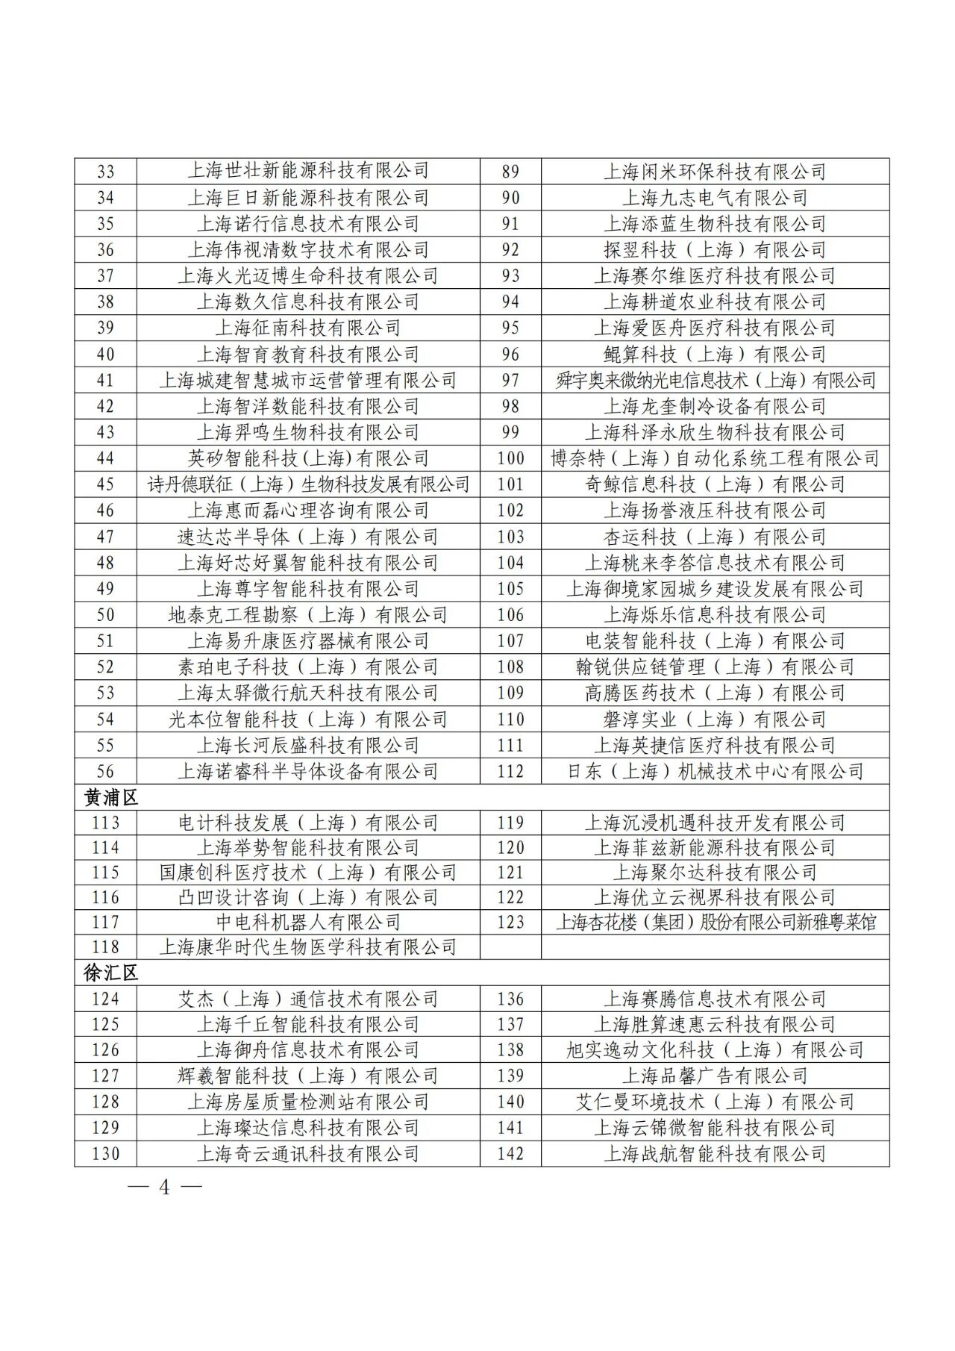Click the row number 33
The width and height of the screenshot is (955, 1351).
point(106,172)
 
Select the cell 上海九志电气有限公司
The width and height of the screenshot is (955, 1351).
point(715,198)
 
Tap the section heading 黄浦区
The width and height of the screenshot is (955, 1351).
point(111,797)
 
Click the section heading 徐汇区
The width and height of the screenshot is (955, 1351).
point(111,973)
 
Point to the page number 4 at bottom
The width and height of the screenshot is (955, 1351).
point(165,1187)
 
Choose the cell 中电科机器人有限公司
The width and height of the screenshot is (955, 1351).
point(308,923)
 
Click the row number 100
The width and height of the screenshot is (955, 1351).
point(510,458)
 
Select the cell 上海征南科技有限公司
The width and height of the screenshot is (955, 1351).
point(308,328)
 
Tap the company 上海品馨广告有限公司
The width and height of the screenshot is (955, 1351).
point(715,1076)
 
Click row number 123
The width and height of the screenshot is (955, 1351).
point(510,923)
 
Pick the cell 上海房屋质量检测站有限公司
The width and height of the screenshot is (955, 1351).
point(308,1102)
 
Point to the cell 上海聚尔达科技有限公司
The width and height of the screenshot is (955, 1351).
point(715,873)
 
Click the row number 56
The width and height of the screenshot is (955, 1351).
point(106,772)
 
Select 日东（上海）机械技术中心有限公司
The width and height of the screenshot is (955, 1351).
point(715,772)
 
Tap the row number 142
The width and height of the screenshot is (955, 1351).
point(510,1154)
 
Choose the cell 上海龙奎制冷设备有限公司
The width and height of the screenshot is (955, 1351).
point(715,406)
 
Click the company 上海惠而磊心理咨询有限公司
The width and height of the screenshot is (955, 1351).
point(308,511)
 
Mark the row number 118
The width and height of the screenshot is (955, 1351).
point(106,947)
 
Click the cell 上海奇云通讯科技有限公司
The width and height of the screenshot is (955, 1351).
point(308,1154)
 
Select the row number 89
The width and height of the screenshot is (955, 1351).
point(510,172)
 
